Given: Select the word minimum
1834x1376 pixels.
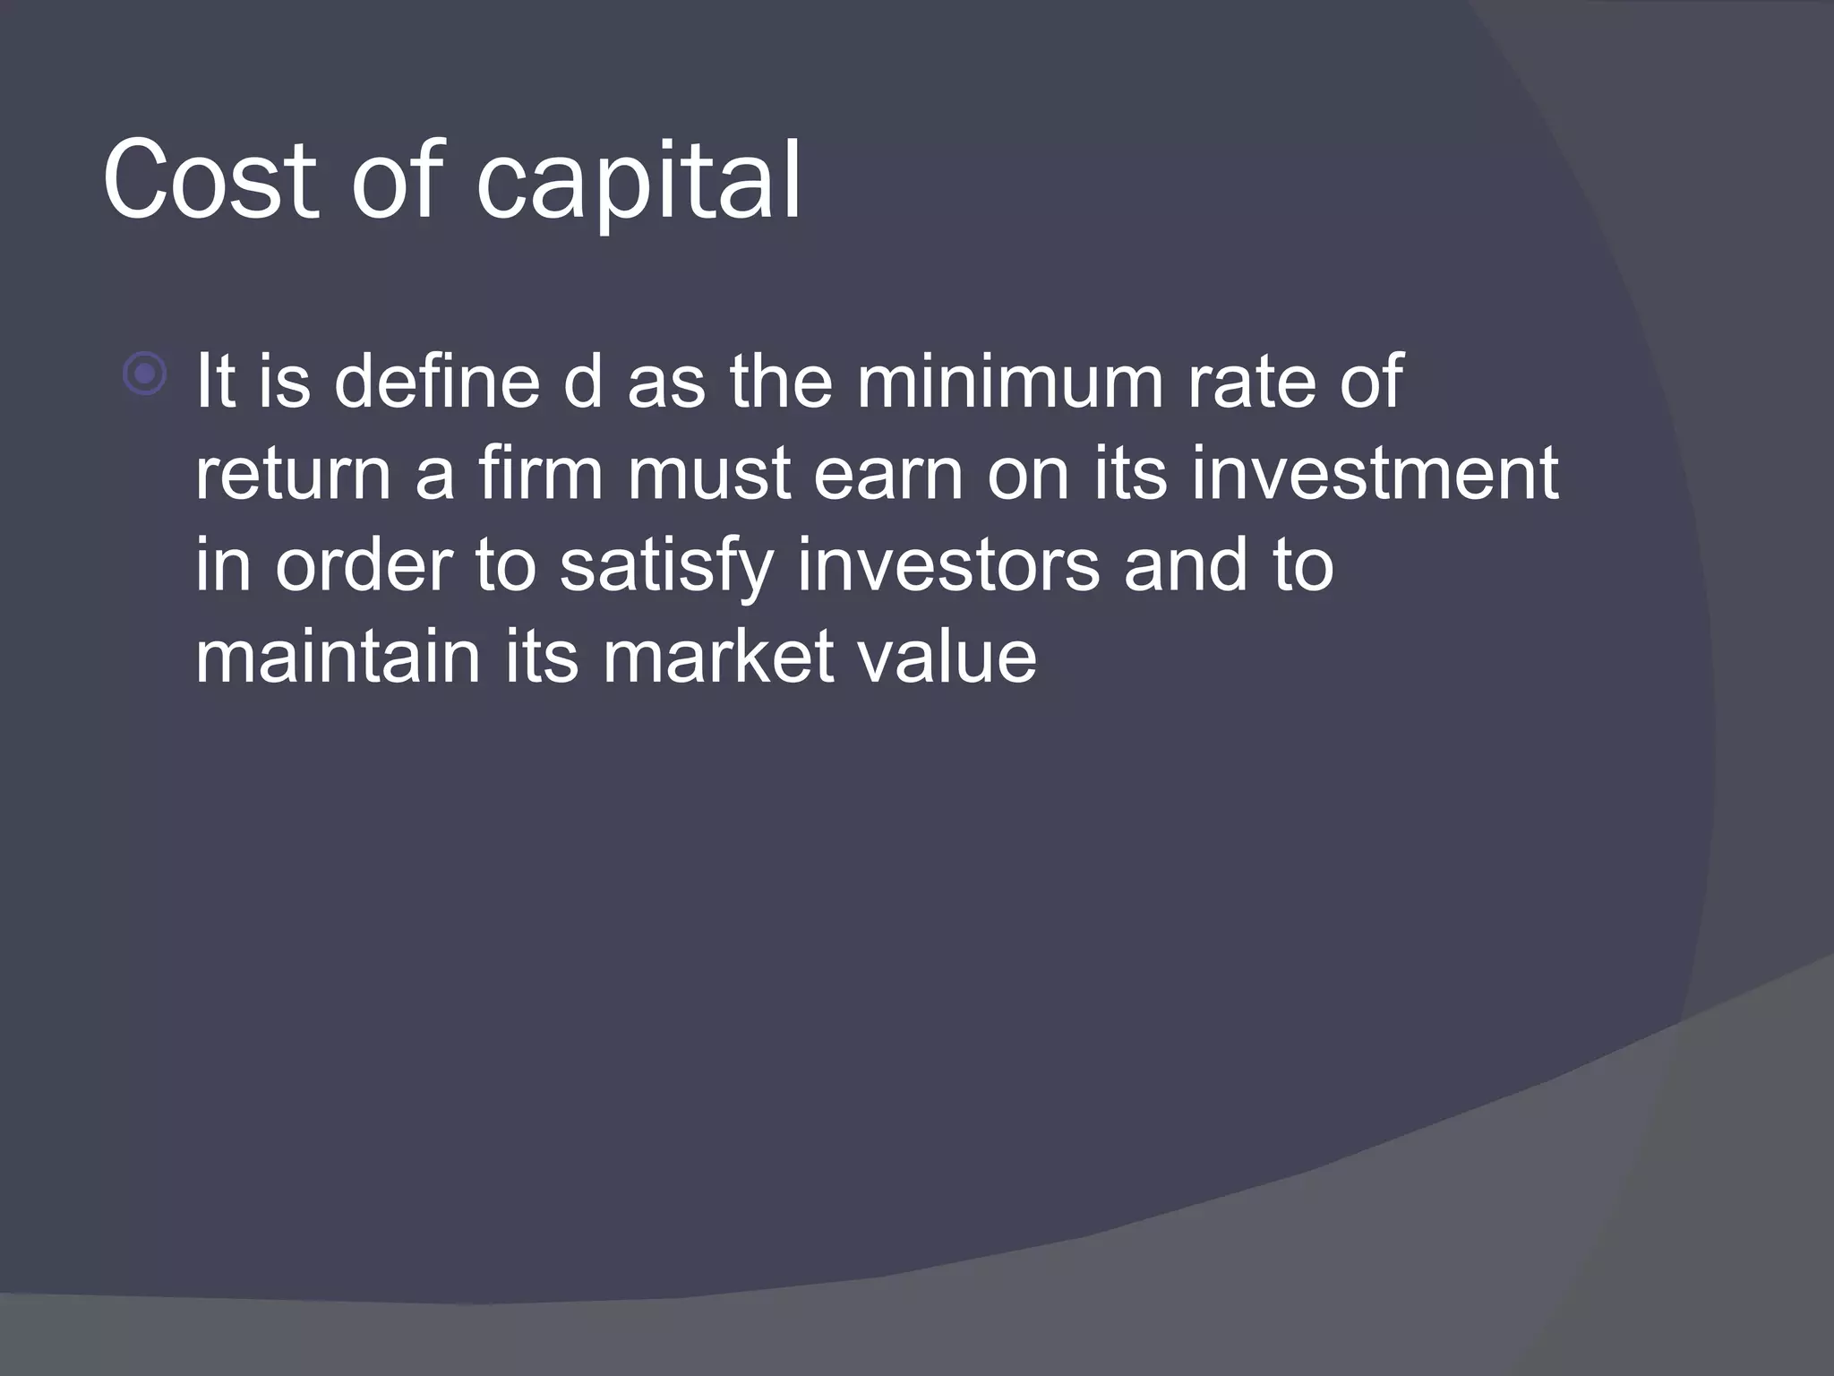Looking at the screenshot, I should pos(1009,382).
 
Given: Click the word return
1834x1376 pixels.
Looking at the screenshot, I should pos(293,475).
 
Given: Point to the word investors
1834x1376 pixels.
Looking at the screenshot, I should pos(948,566).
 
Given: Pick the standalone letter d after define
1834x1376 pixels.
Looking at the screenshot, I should pos(583,382).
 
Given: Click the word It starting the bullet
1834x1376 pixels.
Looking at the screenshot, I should pos(215,382).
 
